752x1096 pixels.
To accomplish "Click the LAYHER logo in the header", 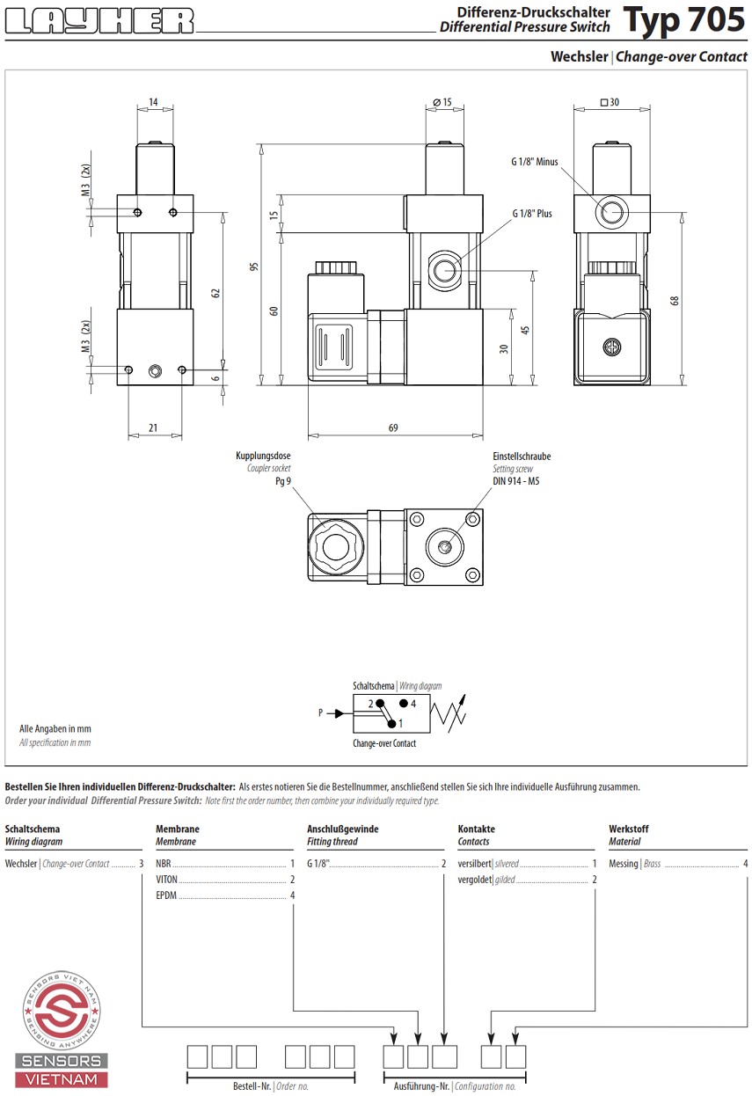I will [x=99, y=21].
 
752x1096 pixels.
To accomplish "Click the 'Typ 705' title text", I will [x=684, y=19].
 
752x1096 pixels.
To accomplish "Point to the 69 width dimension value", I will [x=393, y=428].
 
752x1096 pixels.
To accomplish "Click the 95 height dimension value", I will [x=253, y=267].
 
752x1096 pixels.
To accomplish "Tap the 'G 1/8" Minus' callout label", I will [x=535, y=162].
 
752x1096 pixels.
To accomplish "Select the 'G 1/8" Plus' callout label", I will [x=532, y=214].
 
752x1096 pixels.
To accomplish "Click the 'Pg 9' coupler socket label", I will [x=282, y=481].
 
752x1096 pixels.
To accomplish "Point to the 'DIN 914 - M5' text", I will [x=515, y=481].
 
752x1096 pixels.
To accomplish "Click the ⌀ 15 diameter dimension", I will [x=444, y=102].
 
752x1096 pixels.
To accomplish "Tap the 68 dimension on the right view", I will [x=675, y=299].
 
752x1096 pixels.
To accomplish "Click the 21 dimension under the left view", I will [x=153, y=428].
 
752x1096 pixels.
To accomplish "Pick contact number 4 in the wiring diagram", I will [x=413, y=704].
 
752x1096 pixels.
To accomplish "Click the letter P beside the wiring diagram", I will [x=321, y=713].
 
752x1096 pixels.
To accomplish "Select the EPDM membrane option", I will [x=166, y=895].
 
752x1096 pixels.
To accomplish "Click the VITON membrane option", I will [x=168, y=880].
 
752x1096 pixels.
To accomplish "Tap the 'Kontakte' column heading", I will [x=476, y=829].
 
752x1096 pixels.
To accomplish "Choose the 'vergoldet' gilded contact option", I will [x=474, y=880].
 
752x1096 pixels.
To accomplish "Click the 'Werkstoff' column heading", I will [x=628, y=829].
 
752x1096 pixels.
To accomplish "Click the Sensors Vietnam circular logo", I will [x=61, y=1008].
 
